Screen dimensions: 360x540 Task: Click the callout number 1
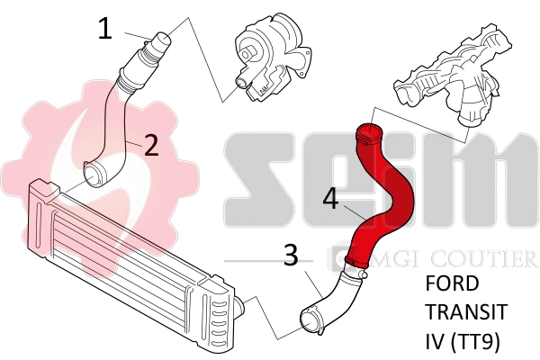105,29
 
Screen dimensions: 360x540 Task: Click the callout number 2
151,144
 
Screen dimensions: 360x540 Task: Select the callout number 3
290,256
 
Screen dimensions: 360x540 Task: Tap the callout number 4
330,199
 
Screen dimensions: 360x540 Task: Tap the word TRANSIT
465,313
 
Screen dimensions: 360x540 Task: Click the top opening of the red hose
367,135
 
